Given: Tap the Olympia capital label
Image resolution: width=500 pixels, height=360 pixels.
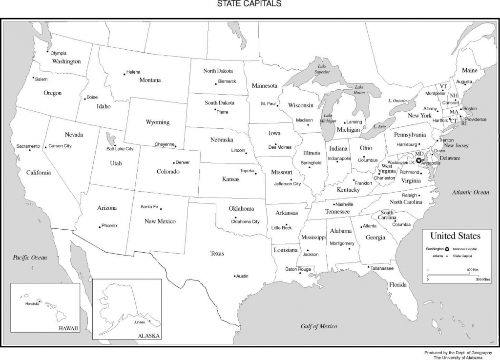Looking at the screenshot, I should point(58,53).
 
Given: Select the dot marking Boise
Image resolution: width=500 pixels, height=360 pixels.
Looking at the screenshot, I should point(84,99).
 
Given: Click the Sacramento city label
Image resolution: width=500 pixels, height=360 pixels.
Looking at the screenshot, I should point(28,146).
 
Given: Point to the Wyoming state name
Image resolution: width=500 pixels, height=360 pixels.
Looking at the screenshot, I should point(158,122).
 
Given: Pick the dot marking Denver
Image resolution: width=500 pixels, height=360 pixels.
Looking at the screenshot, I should point(174,162).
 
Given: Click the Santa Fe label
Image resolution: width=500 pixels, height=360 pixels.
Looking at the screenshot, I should point(149,206).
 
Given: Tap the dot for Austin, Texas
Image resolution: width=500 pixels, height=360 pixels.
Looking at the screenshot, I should point(234,276).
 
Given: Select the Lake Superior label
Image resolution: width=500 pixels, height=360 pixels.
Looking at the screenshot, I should point(322,69).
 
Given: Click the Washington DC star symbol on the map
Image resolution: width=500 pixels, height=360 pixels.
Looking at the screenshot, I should point(418,160).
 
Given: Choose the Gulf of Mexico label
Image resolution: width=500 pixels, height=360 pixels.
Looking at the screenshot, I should point(319,326).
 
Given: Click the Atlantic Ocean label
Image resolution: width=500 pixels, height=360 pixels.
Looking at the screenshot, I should point(470,192).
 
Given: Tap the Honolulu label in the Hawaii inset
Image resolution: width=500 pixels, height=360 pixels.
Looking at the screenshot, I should point(31,304).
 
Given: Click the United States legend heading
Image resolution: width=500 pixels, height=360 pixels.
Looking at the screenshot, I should point(455,236).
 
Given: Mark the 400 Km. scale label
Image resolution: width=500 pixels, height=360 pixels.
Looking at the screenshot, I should point(473,270).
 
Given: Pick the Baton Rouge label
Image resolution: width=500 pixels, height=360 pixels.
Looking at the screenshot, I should point(298,269).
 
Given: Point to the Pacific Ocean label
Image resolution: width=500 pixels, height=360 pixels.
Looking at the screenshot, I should point(30,257).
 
